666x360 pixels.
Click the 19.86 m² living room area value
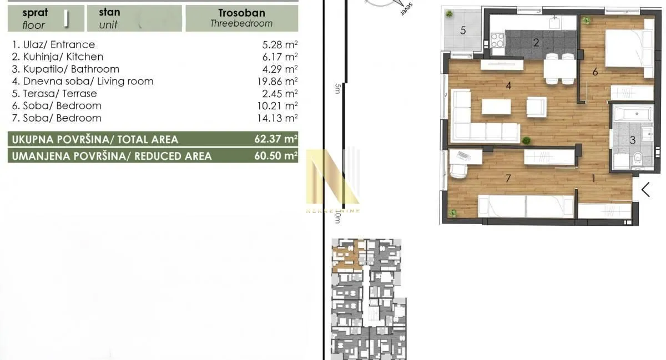pos(276,82)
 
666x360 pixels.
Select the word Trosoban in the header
pos(241,13)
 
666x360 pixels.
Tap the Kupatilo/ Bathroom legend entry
pos(65,69)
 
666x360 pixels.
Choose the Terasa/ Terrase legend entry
pos(54,94)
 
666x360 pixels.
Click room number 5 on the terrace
pos(463,30)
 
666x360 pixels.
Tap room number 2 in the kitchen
pos(536,43)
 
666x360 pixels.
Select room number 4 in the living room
pos(507,86)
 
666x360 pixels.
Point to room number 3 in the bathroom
pos(632,140)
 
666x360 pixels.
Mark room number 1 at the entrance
pos(593,179)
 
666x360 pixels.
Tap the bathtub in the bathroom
pos(633,114)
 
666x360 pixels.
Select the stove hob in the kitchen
pos(497,40)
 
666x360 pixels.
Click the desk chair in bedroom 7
pos(458,166)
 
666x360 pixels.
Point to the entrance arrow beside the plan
pos(645,189)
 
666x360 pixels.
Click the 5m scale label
pos(337,89)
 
